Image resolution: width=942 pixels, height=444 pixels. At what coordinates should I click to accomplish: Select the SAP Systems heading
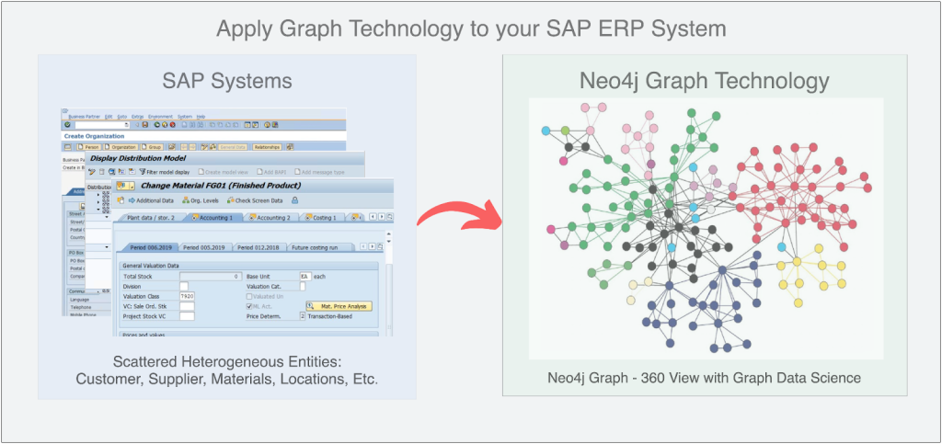[227, 81]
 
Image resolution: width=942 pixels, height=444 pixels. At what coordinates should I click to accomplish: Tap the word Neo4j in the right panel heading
[620, 81]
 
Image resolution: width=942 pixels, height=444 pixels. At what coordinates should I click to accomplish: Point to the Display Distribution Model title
[139, 158]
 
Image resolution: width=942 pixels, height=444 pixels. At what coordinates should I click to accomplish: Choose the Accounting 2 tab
[270, 218]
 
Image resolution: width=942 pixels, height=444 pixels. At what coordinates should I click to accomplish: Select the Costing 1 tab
[321, 218]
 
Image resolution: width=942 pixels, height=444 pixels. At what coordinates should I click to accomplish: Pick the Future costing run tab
[319, 247]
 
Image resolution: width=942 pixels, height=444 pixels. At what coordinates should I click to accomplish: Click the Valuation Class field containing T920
[187, 296]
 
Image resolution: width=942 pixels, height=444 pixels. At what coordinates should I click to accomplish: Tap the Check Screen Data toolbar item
[257, 200]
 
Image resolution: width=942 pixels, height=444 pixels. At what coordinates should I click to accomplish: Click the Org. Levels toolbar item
[197, 200]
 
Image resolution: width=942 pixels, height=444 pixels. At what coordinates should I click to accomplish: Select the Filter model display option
[163, 171]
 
